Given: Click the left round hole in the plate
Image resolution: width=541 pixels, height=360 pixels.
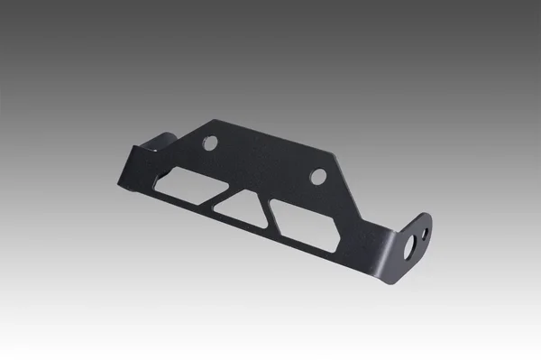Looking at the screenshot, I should (209, 143).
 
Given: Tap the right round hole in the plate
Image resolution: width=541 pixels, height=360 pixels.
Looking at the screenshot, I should (318, 177).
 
